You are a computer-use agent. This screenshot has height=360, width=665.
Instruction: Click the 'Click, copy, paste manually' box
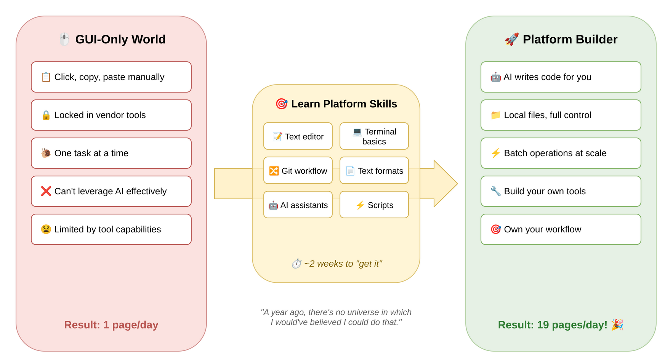pyautogui.click(x=111, y=77)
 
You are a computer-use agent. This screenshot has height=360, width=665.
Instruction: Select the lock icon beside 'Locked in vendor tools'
pyautogui.click(x=46, y=115)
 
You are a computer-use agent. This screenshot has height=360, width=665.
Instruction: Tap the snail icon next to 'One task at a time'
pyautogui.click(x=46, y=153)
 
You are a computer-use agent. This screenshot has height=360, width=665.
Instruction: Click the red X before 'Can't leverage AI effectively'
pyautogui.click(x=46, y=191)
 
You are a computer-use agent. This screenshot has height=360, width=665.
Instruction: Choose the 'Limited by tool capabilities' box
pyautogui.click(x=111, y=229)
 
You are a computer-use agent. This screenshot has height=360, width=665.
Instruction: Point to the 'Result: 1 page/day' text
pyautogui.click(x=111, y=325)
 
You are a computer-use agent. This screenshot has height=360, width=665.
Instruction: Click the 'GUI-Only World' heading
pyautogui.click(x=120, y=39)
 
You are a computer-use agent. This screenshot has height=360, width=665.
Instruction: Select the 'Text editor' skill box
pyautogui.click(x=298, y=136)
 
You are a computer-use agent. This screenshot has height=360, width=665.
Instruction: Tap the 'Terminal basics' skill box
pyautogui.click(x=374, y=136)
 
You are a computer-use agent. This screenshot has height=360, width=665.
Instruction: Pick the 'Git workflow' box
pyautogui.click(x=298, y=171)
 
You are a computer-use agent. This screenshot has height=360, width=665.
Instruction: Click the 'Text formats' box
pyautogui.click(x=374, y=171)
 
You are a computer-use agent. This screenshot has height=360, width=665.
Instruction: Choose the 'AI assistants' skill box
pyautogui.click(x=298, y=205)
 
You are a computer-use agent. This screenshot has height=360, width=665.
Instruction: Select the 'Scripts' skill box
pyautogui.click(x=374, y=205)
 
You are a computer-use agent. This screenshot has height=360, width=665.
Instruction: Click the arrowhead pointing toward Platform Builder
pyautogui.click(x=444, y=184)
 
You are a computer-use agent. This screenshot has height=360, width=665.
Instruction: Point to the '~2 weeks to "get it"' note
pyautogui.click(x=337, y=264)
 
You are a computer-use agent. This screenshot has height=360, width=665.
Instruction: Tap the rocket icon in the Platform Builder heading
pyautogui.click(x=512, y=39)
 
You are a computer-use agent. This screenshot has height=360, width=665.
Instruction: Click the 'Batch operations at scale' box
pyautogui.click(x=561, y=153)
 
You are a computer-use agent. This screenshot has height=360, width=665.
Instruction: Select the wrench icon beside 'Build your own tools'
pyautogui.click(x=495, y=191)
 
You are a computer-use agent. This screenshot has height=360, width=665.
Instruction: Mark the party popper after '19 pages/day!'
pyautogui.click(x=617, y=325)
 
